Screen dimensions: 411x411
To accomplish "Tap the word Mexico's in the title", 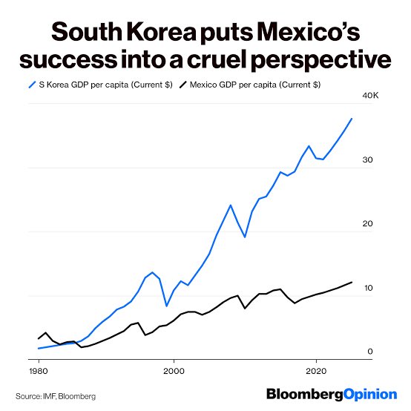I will point(305,33).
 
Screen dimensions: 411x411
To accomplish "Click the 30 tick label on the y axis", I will point(367,161).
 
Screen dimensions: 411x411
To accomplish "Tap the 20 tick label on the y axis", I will point(367,225).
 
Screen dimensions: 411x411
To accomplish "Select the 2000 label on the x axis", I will point(174,369).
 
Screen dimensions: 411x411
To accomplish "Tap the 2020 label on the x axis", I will point(317,369).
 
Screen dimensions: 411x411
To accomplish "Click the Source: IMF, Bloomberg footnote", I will point(56,396).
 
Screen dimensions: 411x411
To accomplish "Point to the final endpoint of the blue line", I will point(352,119).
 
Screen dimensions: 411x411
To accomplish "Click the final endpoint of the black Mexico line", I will point(352,282).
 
